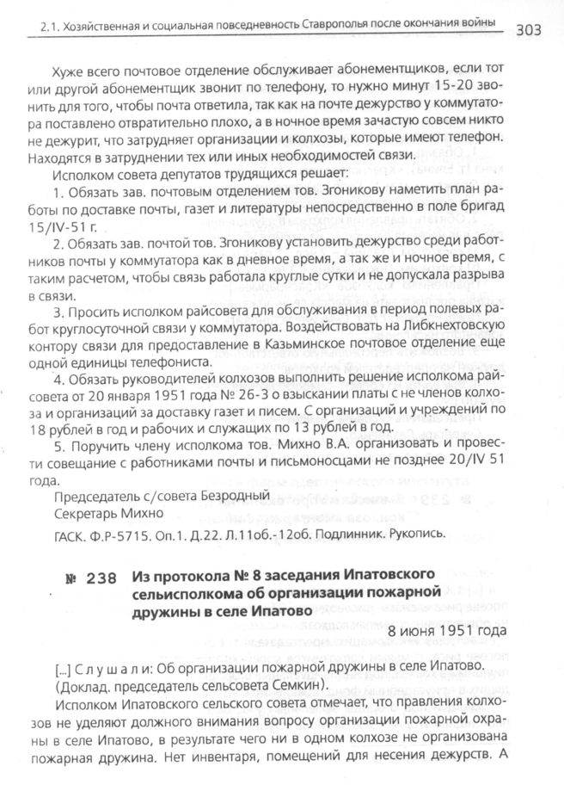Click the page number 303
coord(538,32)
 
